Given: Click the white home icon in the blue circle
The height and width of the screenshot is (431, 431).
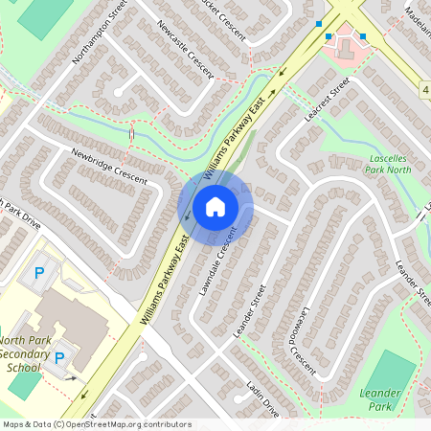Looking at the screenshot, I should point(215,206).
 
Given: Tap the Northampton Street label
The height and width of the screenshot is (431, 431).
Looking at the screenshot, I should point(100,38).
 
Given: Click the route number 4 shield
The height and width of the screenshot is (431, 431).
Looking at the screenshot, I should point(424,89).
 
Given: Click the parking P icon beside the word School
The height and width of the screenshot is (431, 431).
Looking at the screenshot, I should point(59,358).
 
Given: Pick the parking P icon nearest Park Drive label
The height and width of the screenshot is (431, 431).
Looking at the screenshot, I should point(39,273).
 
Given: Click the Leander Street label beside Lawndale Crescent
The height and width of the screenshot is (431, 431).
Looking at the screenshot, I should point(249,309).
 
